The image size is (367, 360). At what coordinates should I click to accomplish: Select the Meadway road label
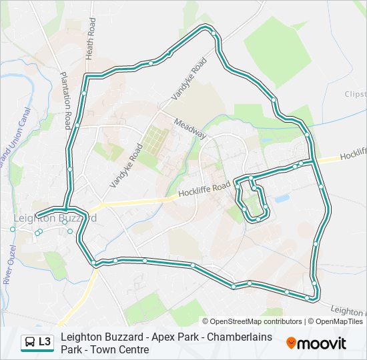[x=191, y=128]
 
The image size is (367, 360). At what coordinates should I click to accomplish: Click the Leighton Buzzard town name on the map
[x=55, y=218]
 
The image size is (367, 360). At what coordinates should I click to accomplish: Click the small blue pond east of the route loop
[x=282, y=199]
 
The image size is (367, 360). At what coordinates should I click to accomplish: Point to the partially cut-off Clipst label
[x=355, y=95]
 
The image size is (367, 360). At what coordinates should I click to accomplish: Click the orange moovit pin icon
[x=291, y=343]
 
